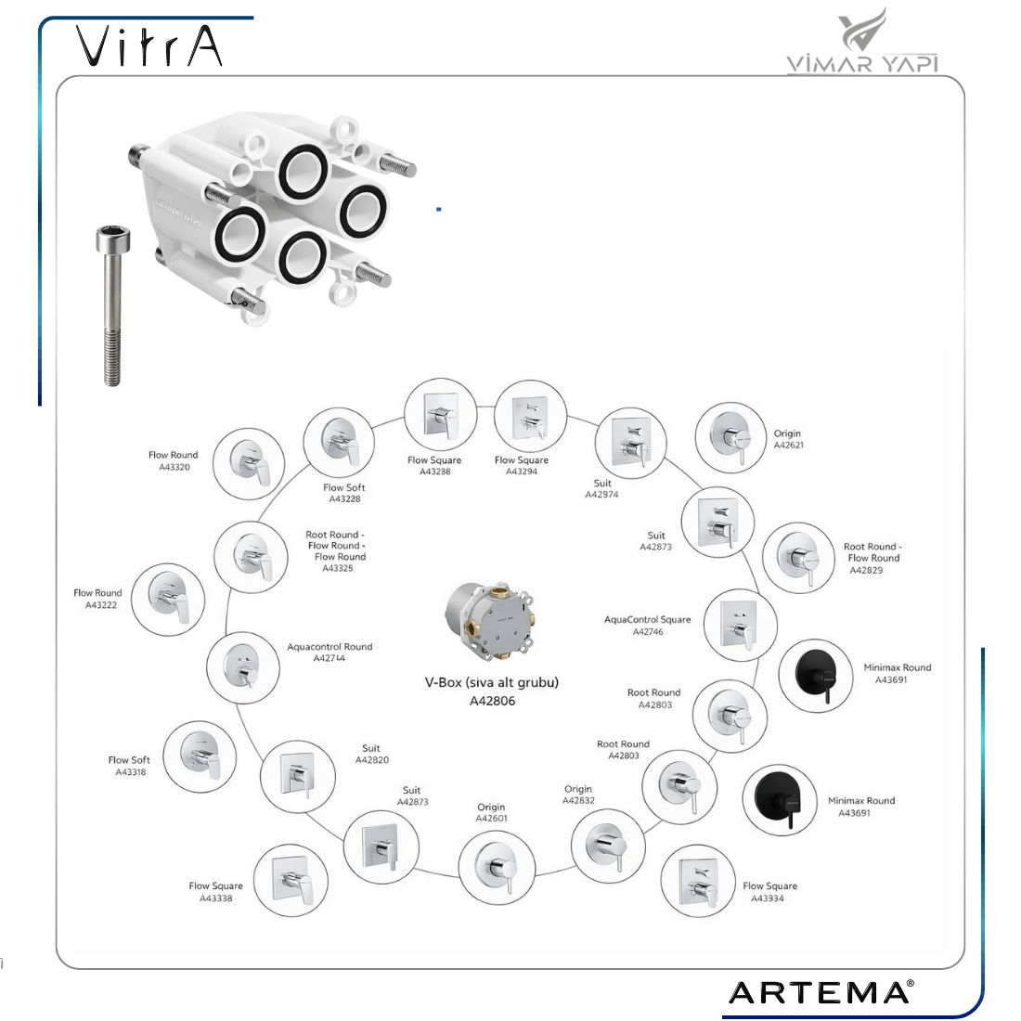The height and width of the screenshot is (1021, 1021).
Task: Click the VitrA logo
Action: [x=149, y=45]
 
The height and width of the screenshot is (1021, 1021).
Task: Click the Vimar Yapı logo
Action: [x=863, y=40]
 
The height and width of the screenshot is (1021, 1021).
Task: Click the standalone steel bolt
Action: [x=112, y=306]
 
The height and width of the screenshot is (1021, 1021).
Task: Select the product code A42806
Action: [x=492, y=701]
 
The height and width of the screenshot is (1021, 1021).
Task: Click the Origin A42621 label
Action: [x=788, y=439]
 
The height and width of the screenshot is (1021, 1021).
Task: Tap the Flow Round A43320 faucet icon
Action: [x=249, y=463]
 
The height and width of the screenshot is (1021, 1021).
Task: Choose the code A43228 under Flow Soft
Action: [x=344, y=498]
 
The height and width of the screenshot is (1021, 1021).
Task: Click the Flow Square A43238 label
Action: [x=434, y=466]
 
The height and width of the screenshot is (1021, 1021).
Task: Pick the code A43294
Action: [x=522, y=472]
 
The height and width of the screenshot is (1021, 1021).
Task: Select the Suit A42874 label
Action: [x=601, y=488]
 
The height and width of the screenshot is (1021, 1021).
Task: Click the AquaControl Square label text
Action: [x=647, y=619]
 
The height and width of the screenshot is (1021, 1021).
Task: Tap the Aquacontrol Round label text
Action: [x=330, y=647]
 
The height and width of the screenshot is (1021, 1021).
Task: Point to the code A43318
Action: [x=131, y=771]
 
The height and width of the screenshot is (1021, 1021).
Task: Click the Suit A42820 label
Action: [x=372, y=754]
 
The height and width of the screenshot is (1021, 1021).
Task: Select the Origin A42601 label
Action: [x=491, y=812]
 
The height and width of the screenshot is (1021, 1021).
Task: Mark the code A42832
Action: [x=579, y=800]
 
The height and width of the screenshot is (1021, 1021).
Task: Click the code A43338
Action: [x=216, y=898]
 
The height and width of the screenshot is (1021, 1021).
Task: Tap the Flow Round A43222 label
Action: [x=97, y=599]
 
